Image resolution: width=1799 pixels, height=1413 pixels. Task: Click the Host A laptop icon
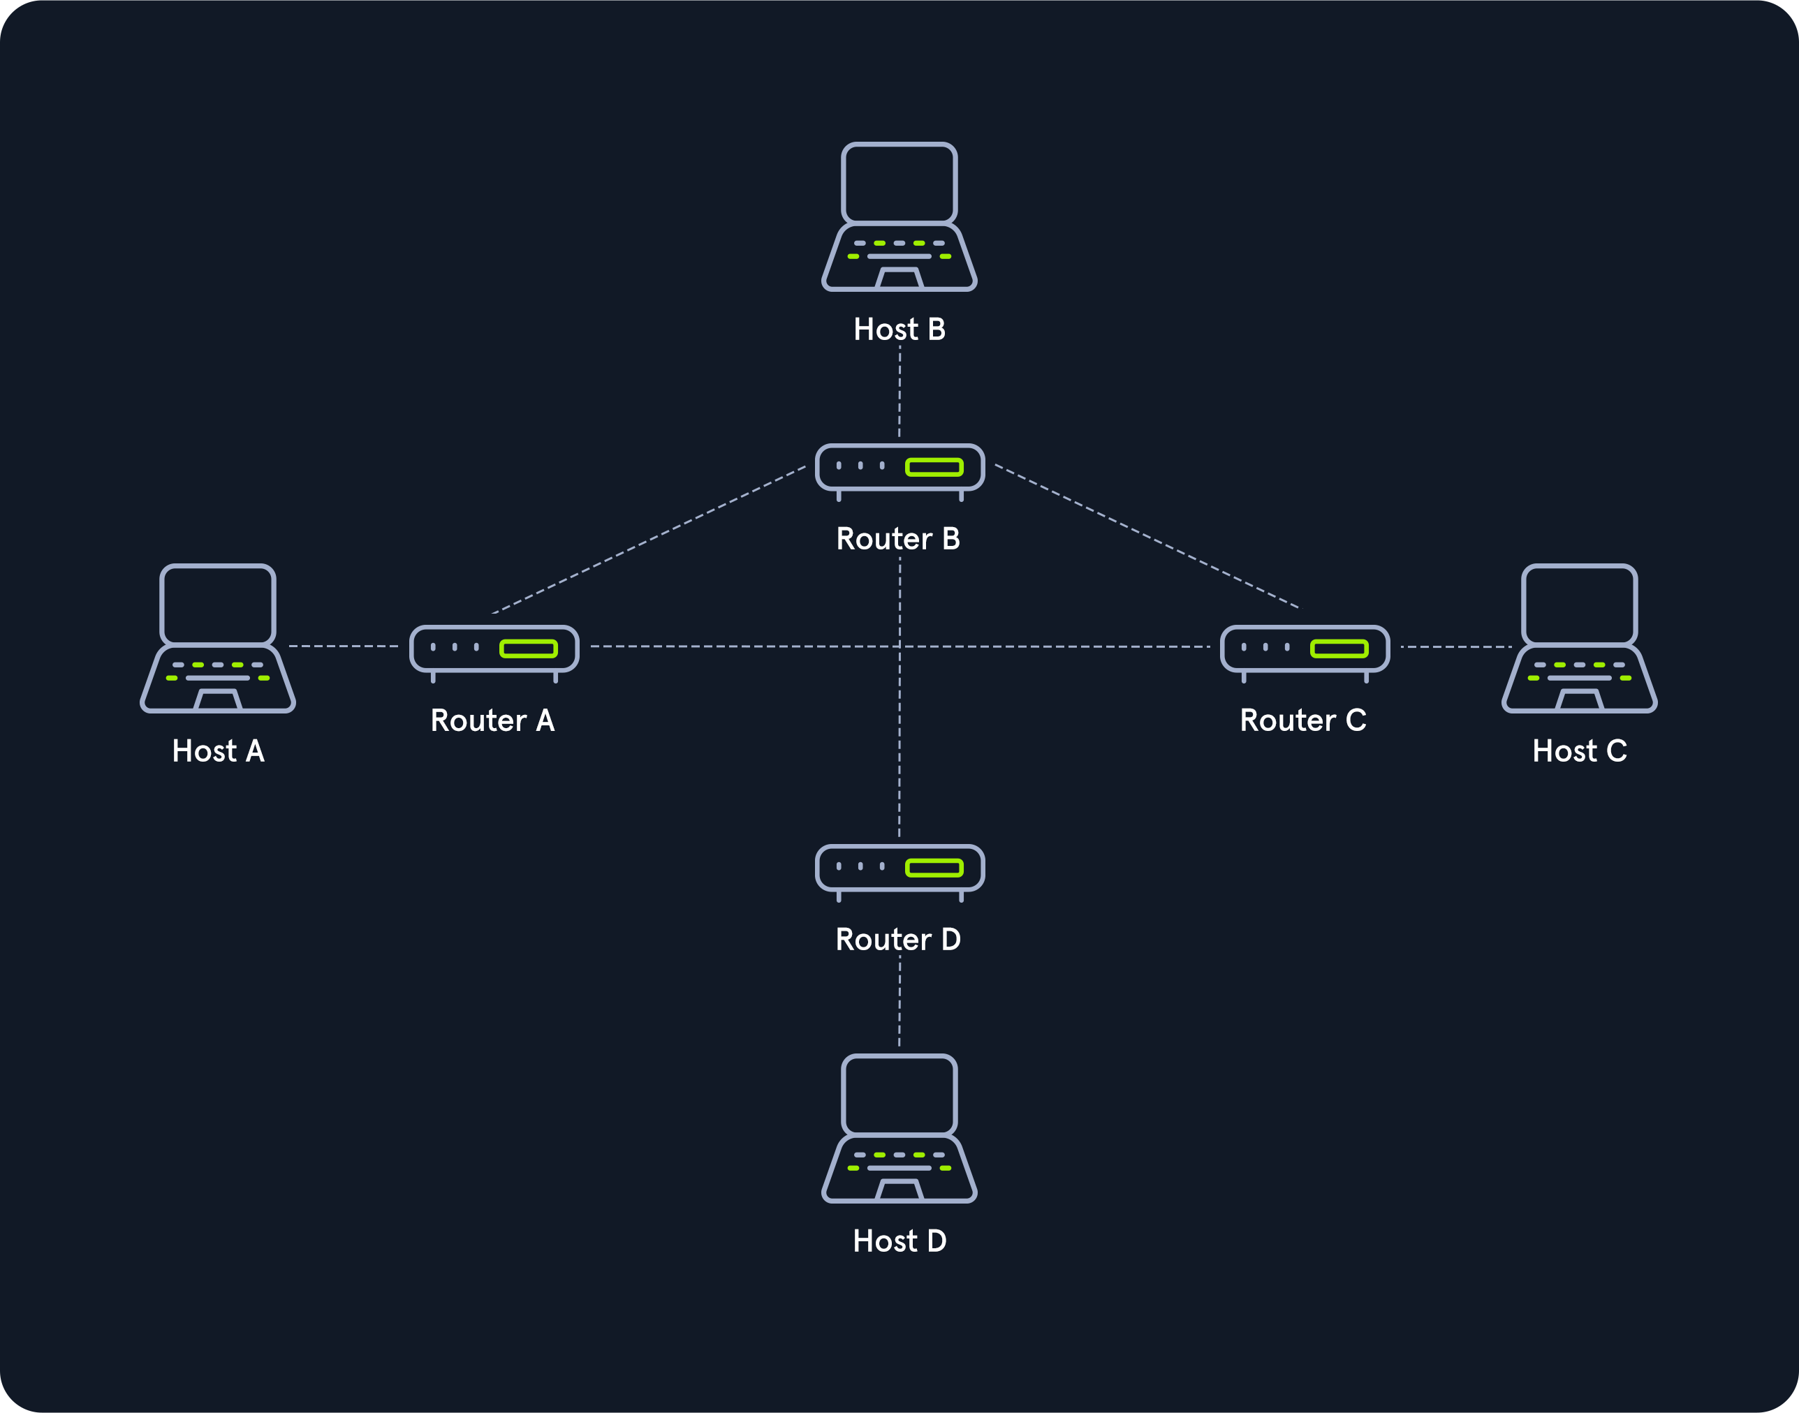(x=218, y=638)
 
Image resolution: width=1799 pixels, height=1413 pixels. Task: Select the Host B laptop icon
(x=900, y=216)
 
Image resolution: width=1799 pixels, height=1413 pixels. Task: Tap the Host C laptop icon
(x=1580, y=638)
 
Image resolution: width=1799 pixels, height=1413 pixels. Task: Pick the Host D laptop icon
(x=900, y=1128)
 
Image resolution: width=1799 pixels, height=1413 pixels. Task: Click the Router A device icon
(x=494, y=653)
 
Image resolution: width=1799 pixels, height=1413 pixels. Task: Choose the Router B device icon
(x=900, y=473)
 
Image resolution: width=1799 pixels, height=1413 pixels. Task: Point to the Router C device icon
(x=1305, y=653)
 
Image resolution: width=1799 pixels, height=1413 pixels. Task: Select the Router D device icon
(x=900, y=873)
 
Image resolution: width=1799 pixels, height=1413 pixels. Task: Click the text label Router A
(x=492, y=720)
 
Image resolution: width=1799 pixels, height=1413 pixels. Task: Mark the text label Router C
(x=1302, y=720)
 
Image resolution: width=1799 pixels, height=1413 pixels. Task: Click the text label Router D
(x=898, y=940)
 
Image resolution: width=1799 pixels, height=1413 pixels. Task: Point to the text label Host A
(x=219, y=751)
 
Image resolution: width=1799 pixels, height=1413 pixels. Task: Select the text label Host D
(x=900, y=1241)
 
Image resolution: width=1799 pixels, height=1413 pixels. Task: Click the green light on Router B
(x=934, y=468)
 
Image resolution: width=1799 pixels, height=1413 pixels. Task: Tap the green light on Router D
(x=934, y=868)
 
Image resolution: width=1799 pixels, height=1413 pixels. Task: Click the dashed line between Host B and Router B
(x=900, y=392)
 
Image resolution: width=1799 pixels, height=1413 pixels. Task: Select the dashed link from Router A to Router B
(x=649, y=540)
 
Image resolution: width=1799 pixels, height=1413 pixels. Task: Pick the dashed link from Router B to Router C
(x=1147, y=536)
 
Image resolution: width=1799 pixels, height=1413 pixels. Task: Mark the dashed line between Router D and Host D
(x=900, y=1001)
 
